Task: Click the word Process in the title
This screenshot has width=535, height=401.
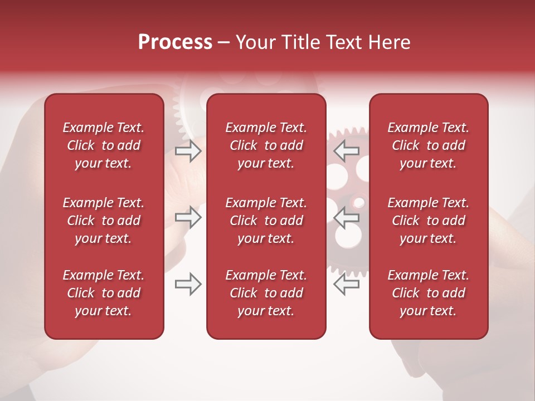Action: (175, 42)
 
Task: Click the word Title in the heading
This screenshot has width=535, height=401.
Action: (302, 42)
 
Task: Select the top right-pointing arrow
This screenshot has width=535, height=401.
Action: (188, 151)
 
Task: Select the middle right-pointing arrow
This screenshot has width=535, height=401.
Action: (188, 218)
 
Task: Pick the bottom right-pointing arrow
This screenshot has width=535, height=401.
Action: (188, 284)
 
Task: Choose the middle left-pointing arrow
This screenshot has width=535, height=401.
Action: (347, 218)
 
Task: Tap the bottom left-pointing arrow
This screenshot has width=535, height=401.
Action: (347, 284)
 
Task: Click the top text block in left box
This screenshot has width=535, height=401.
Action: (104, 145)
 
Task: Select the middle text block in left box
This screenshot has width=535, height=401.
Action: (104, 221)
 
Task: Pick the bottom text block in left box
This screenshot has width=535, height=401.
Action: (104, 293)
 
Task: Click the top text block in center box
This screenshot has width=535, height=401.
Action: (266, 145)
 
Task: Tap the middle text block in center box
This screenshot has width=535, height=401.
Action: (266, 221)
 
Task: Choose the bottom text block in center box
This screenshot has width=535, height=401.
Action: (266, 293)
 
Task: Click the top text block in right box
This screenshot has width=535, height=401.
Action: (429, 145)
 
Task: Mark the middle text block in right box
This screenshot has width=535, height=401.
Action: (429, 221)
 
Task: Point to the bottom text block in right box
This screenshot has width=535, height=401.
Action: (429, 293)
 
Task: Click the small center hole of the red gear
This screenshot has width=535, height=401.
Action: (359, 202)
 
